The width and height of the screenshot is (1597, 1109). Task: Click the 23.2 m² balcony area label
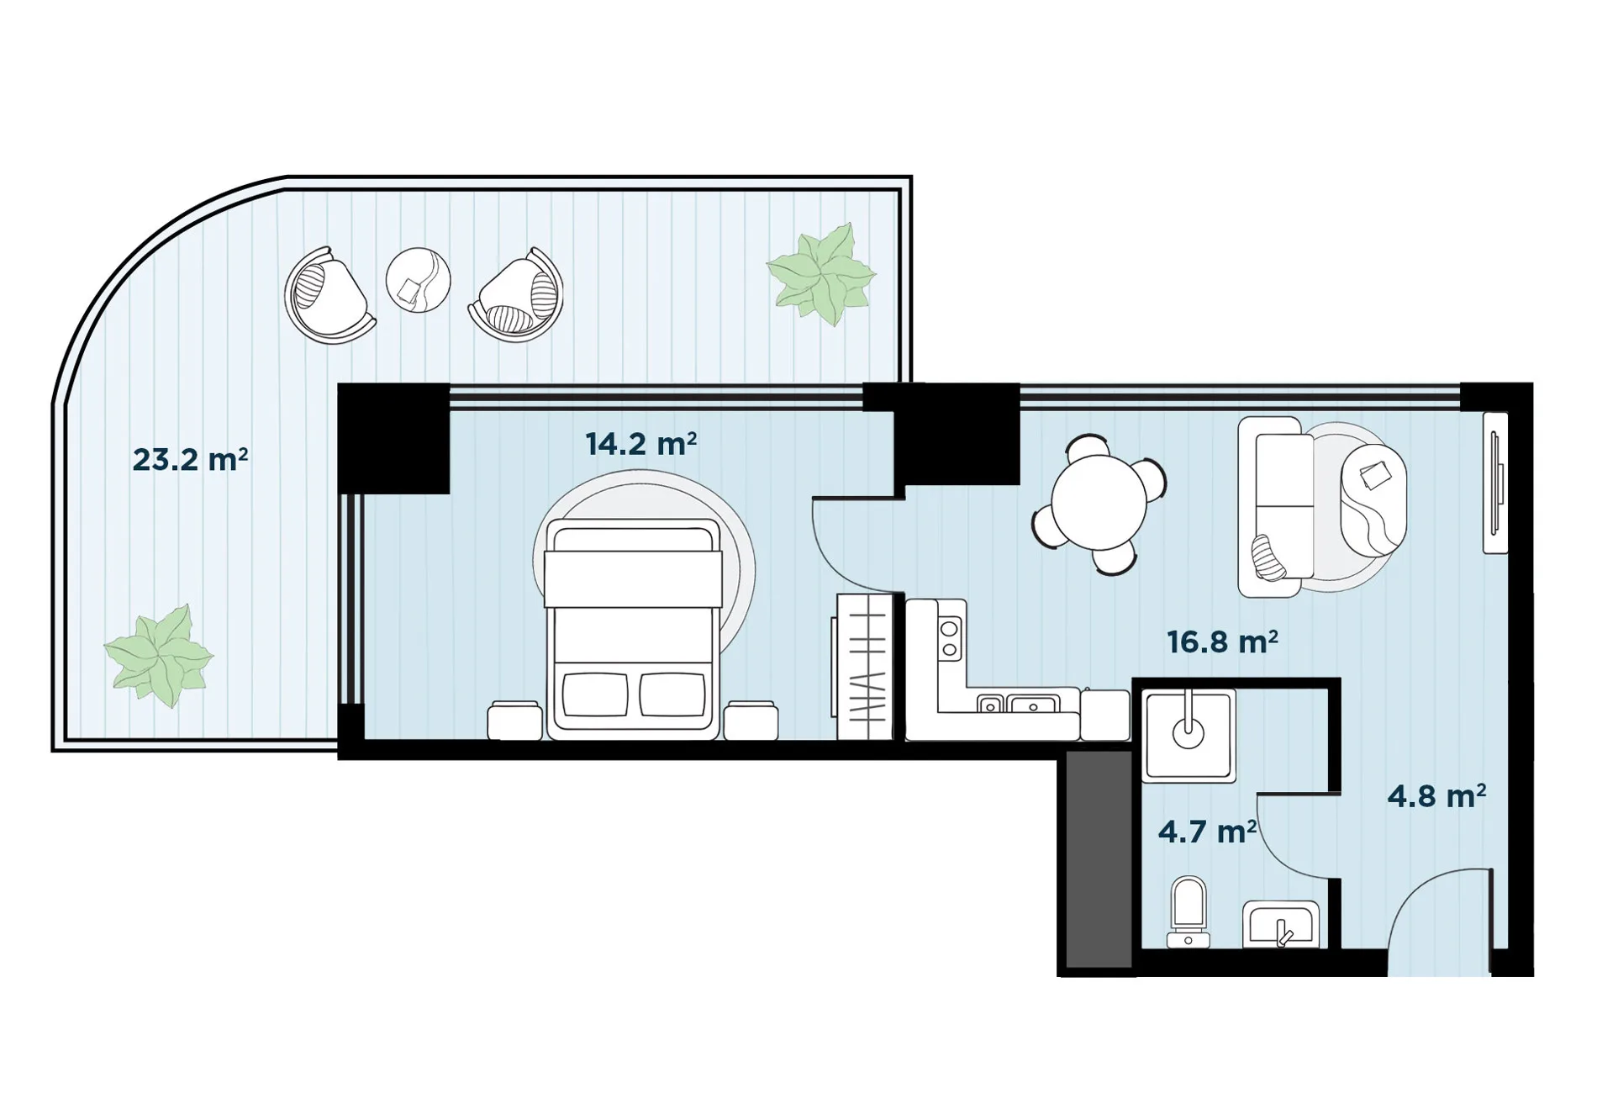coord(190,460)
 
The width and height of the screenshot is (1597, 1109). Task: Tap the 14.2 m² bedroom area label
coord(641,444)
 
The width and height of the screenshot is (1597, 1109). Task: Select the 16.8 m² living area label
coord(1223,642)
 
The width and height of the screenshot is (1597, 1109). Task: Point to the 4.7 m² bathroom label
coord(1207,832)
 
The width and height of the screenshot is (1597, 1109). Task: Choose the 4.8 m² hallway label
coord(1436,796)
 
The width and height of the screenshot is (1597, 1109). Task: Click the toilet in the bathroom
coord(1189,912)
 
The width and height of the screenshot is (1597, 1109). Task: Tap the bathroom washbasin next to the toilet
coord(1281,925)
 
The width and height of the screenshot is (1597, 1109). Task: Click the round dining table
coord(1099,503)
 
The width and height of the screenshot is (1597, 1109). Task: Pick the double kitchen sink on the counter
coord(1018,704)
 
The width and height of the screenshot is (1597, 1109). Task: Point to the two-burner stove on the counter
coord(950,638)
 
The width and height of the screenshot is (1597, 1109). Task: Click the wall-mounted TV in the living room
coord(1495,483)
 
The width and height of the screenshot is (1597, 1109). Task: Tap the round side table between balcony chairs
coord(418,280)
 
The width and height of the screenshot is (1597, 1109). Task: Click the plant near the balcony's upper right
coord(821,274)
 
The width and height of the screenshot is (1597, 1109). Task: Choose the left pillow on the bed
coord(595,694)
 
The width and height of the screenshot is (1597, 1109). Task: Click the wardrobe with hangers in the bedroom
coord(864,667)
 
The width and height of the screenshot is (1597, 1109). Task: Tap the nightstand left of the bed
coord(515,721)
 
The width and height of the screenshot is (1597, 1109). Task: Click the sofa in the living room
coord(1276,507)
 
